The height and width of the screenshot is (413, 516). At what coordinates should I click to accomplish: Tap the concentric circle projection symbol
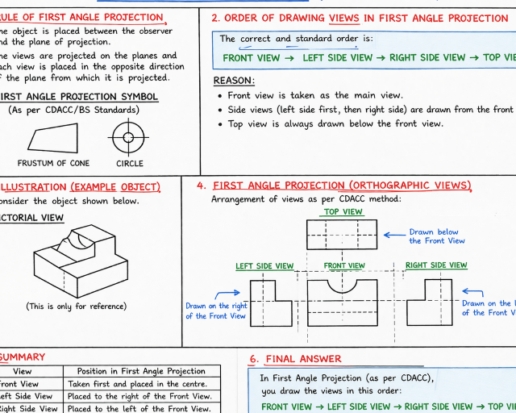coord(128,137)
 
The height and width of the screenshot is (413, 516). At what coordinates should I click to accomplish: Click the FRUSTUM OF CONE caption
coord(53,164)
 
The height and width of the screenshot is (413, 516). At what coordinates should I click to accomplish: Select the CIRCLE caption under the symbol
coord(130,164)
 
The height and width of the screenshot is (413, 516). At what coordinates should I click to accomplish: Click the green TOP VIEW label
coord(343,212)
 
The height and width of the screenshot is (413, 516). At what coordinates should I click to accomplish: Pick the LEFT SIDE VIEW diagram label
coord(264,266)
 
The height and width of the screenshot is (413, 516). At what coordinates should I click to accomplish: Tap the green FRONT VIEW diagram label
coord(344,265)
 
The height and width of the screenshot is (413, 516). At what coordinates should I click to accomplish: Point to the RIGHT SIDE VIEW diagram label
coord(436,265)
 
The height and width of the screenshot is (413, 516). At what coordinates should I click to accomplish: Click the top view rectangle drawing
coord(343,235)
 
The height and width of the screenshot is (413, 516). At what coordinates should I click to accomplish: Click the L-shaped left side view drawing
coord(271,302)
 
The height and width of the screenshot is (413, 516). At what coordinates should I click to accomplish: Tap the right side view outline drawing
coord(429,301)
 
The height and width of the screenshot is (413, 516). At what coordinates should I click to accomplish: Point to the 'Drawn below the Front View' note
coord(436,236)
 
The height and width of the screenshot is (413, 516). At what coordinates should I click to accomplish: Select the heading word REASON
coord(234,81)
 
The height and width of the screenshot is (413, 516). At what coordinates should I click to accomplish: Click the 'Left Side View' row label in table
coord(28,396)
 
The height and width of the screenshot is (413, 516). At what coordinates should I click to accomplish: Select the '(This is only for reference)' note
coord(76,307)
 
